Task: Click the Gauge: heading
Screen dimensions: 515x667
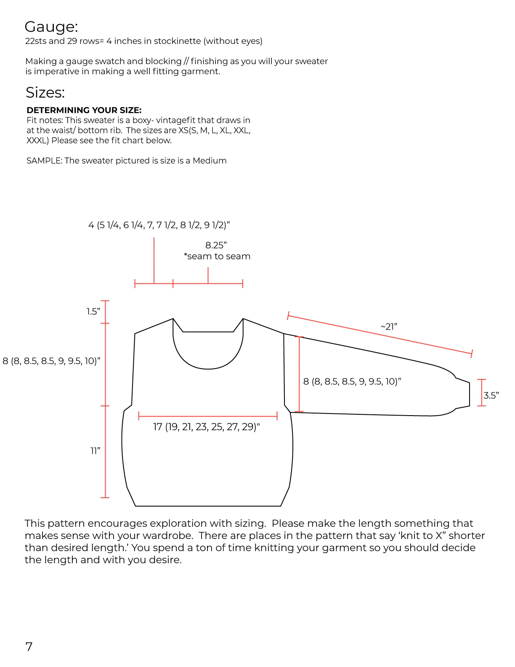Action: [x=51, y=27]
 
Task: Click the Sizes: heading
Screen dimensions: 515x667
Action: [x=45, y=93]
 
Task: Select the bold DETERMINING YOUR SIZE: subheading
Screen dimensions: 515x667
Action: [x=84, y=110]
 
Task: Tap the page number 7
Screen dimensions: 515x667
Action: [x=29, y=646]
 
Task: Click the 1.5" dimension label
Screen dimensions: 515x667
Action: [x=93, y=312]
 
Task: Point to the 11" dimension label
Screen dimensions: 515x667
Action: [x=96, y=451]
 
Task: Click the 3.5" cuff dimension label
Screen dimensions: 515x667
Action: [x=491, y=395]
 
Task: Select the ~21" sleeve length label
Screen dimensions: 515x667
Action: [x=389, y=327]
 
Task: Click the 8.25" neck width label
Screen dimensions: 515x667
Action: [x=216, y=245]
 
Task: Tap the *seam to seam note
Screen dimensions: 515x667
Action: [x=217, y=256]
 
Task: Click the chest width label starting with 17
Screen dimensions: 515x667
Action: [x=206, y=427]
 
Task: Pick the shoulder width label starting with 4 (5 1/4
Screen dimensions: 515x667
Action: [x=159, y=225]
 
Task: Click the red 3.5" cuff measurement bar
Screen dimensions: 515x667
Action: [x=481, y=392]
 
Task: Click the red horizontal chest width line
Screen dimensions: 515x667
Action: [x=208, y=416]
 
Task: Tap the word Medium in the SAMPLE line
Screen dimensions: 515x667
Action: [x=210, y=161]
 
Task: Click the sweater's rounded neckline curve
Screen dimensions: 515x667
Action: [x=208, y=368]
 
